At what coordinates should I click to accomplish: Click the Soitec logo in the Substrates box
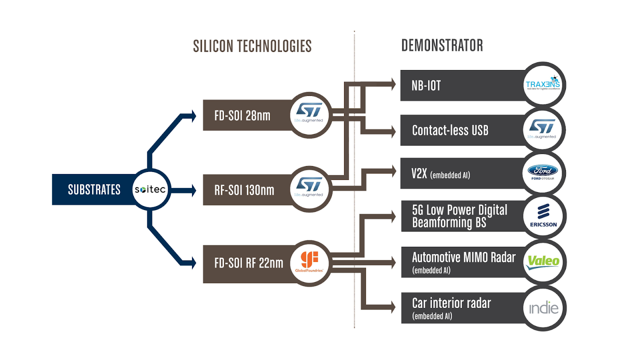pyautogui.click(x=150, y=190)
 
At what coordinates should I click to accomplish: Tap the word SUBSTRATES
pyautogui.click(x=94, y=190)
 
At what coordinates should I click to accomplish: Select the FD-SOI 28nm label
pyautogui.click(x=242, y=116)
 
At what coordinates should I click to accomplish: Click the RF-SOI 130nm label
pyautogui.click(x=244, y=190)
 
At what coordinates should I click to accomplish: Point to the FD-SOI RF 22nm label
pyautogui.click(x=248, y=263)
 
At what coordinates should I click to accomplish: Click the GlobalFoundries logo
pyautogui.click(x=309, y=262)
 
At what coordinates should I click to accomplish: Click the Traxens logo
pyautogui.click(x=543, y=84)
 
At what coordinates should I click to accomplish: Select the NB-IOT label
pyautogui.click(x=426, y=86)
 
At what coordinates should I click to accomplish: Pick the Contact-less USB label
pyautogui.click(x=450, y=130)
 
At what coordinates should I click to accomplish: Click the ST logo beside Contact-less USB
pyautogui.click(x=542, y=129)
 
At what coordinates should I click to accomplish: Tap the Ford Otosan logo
pyautogui.click(x=543, y=172)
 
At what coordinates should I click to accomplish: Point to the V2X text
pyautogui.click(x=419, y=174)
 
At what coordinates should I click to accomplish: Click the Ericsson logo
pyautogui.click(x=543, y=216)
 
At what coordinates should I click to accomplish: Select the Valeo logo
pyautogui.click(x=543, y=262)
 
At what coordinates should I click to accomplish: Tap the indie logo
pyautogui.click(x=544, y=308)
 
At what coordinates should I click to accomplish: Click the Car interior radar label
pyautogui.click(x=451, y=303)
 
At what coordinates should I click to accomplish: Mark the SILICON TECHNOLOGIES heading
pyautogui.click(x=252, y=46)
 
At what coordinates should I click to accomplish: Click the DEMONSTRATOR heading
pyautogui.click(x=442, y=46)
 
